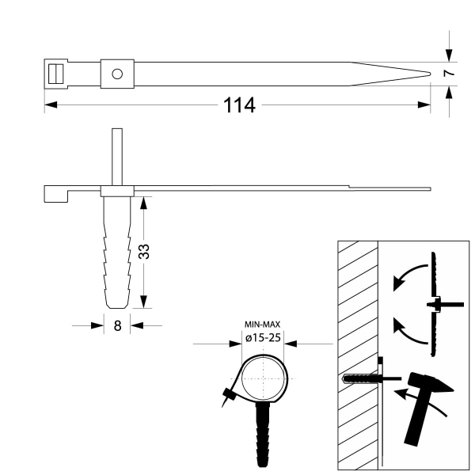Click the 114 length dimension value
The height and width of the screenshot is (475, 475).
pos(239,105)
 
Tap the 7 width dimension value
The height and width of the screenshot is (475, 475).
pos(449,74)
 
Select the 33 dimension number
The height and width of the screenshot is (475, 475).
pos(144,252)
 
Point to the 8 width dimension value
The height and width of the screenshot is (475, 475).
pos(117,325)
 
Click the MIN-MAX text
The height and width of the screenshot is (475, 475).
pos(262,325)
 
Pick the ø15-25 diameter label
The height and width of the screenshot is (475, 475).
pos(263,338)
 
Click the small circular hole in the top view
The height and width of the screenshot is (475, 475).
pos(117,74)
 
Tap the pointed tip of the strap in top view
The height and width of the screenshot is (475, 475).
pos(430,74)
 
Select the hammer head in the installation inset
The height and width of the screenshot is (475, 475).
pos(430,383)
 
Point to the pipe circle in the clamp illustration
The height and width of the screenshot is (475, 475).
pos(264,378)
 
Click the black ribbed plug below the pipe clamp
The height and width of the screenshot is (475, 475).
pos(262,434)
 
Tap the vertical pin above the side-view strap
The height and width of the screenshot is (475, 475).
pos(117,157)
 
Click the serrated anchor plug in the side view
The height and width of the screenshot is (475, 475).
pos(117,252)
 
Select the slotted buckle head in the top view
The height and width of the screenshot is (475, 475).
pos(55,74)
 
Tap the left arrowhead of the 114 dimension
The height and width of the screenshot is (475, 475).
pos(51,104)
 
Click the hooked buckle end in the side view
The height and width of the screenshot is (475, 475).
pos(56,194)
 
